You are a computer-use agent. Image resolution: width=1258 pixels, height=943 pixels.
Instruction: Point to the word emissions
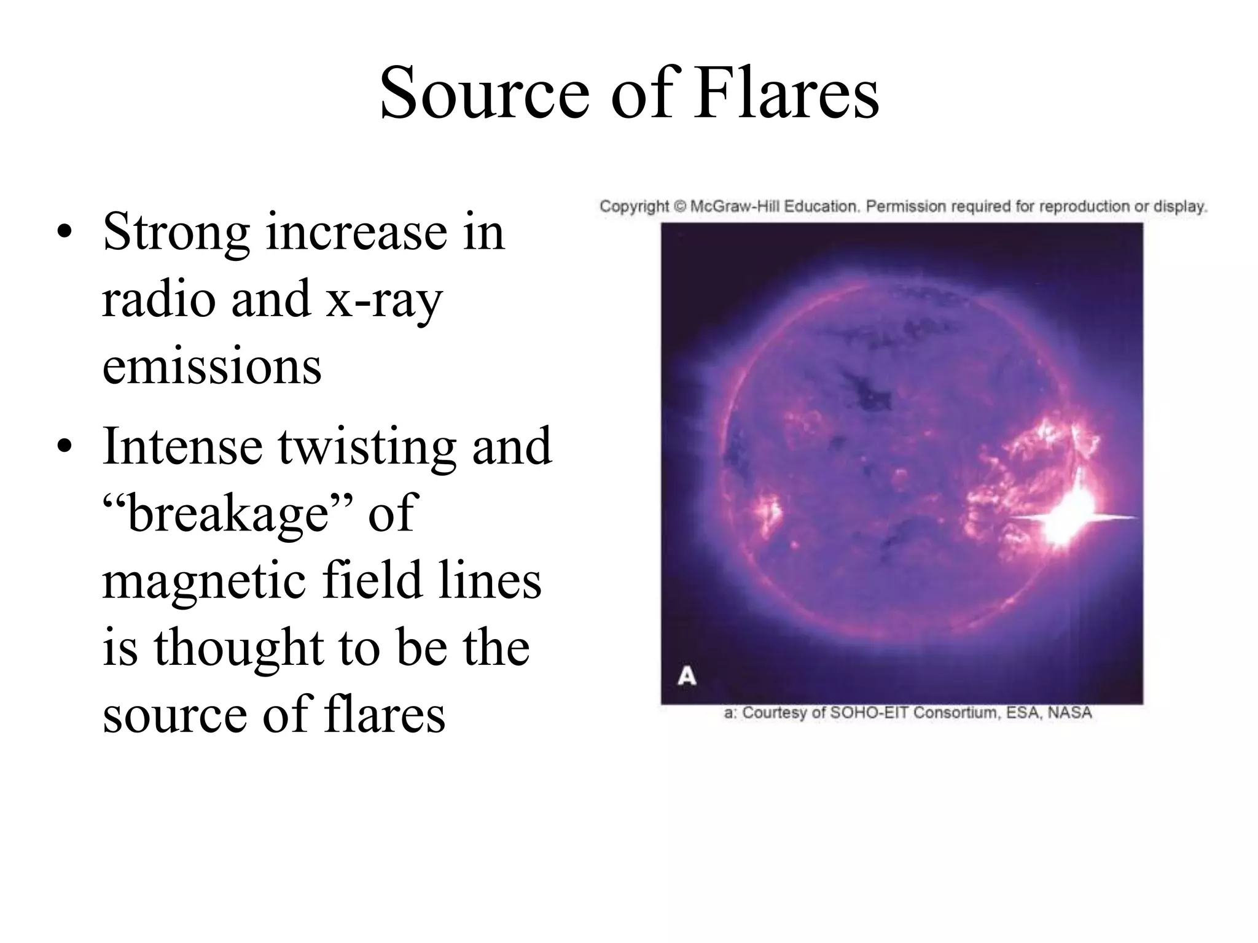click(x=212, y=367)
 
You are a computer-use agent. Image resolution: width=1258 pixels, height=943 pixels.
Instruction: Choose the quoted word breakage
click(x=227, y=513)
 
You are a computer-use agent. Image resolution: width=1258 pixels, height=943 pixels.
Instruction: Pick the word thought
click(x=239, y=648)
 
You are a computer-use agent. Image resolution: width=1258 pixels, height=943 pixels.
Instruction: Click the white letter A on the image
click(x=687, y=677)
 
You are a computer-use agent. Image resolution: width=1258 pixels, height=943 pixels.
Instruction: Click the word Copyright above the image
click(x=634, y=206)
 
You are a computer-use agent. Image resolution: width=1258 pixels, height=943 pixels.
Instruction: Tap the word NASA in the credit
click(x=1069, y=713)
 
